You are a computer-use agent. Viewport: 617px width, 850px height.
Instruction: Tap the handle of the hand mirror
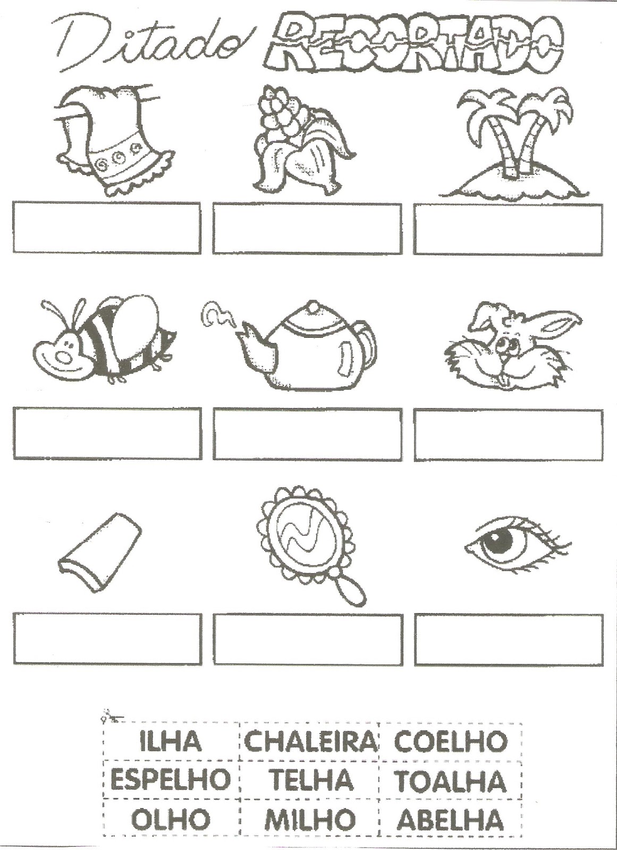351,594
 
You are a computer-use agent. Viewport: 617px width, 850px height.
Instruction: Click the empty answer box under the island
508,229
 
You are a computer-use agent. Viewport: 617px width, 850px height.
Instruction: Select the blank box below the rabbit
508,435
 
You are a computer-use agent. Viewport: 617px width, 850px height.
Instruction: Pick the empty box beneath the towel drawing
107,228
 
